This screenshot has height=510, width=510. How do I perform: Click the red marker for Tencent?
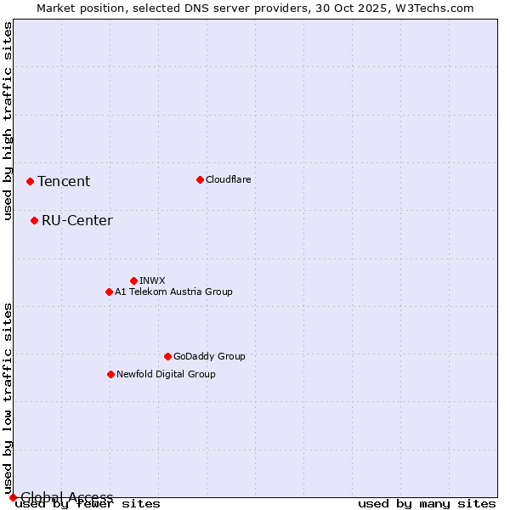30,181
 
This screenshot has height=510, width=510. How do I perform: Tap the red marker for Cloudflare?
200,179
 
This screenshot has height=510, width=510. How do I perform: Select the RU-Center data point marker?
34,220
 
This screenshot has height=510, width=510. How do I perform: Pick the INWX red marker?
133,280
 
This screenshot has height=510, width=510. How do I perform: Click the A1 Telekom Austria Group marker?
109,292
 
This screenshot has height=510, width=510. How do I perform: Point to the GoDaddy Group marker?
167,356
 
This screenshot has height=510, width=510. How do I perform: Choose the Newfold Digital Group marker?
110,374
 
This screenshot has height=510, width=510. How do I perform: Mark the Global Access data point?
13,497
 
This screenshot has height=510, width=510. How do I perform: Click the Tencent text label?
64,181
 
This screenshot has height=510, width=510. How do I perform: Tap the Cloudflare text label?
229,179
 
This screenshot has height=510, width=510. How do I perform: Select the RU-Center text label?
77,221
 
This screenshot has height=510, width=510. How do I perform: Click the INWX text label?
153,280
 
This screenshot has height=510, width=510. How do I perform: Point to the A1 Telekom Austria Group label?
174,292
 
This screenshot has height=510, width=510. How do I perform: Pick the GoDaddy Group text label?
209,356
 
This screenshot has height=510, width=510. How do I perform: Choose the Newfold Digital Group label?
167,374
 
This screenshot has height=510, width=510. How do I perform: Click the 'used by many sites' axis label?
427,503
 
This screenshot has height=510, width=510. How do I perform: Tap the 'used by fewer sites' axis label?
88,503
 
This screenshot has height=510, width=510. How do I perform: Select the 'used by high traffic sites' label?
8,121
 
